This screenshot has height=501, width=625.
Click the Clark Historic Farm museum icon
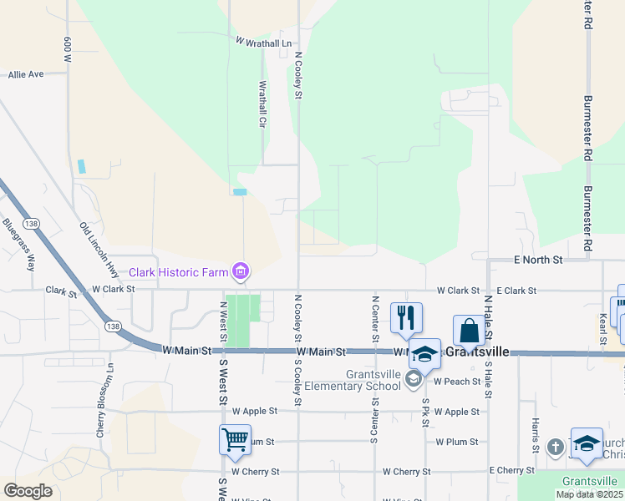click(x=241, y=271)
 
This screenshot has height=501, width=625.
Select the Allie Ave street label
click(x=26, y=74)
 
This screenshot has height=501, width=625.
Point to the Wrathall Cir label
click(x=262, y=104)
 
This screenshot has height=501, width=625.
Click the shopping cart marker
click(x=235, y=438)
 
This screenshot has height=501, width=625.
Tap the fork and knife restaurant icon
click(x=406, y=317)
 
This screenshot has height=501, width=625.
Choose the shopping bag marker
click(x=469, y=330)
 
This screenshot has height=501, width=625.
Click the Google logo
click(x=28, y=491)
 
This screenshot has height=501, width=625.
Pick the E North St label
click(x=538, y=261)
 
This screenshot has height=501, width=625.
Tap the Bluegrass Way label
click(x=19, y=245)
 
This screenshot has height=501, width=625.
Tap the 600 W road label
click(x=68, y=49)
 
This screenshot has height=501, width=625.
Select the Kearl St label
click(x=602, y=328)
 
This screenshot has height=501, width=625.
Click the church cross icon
click(x=556, y=447)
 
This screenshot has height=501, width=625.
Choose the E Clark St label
click(x=516, y=291)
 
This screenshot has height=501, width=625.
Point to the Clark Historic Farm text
click(x=178, y=272)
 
